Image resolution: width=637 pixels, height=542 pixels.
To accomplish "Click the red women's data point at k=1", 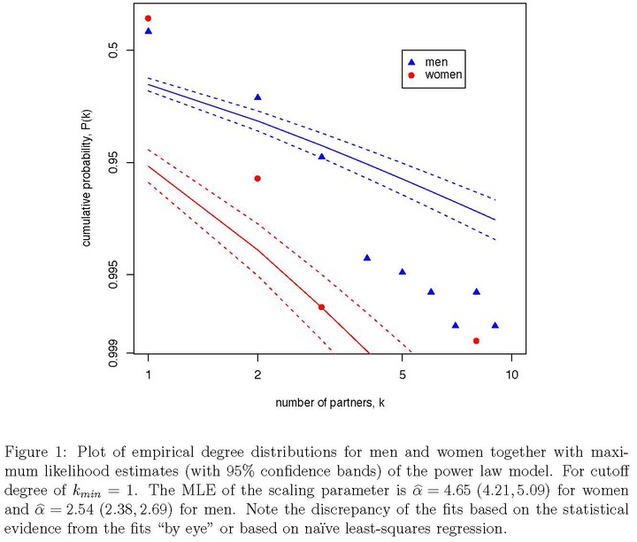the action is coord(149,19).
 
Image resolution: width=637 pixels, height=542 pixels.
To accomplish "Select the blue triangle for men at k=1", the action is coord(149,31).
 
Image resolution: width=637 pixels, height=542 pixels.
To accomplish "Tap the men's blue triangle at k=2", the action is coord(257,97).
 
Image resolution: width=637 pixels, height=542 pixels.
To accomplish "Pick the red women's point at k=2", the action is coord(257,179).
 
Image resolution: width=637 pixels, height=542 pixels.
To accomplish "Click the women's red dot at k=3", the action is coord(321,307).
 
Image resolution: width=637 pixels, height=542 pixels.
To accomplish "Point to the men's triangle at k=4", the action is coord(367,258).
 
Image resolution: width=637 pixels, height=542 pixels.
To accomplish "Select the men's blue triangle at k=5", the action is coord(403,272).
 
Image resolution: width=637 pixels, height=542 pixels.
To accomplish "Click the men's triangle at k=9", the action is coord(495,325).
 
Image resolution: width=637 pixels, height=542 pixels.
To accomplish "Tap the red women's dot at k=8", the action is coord(476,341).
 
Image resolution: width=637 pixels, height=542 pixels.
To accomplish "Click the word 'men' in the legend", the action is coord(436,62).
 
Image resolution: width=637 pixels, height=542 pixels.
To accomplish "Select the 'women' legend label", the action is coord(443,74).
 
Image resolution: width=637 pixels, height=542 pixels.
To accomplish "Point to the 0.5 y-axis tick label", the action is coord(113,50).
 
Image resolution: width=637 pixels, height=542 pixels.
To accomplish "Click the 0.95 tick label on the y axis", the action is coord(113,162).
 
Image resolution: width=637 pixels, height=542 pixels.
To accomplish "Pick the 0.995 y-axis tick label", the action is coord(113,275).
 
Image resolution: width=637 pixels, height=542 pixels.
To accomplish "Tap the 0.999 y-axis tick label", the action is coord(113,353).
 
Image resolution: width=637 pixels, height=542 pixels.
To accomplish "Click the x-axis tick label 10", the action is coord(512,375).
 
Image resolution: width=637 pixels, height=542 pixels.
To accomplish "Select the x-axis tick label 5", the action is coord(403,375).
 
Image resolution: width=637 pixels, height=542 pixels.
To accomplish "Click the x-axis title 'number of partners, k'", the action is coord(330,403).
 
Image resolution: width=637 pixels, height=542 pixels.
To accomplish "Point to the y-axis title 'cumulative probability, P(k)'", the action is coord(87,178).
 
